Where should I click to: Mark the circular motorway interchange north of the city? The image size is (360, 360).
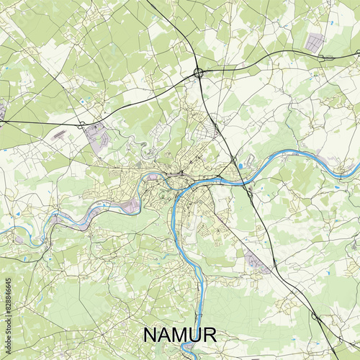click(198, 72)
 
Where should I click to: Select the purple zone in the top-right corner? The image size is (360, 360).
click(315, 42)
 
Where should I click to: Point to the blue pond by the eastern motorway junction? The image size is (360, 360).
click(240, 166)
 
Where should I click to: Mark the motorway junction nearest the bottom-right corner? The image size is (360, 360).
click(315, 316)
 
